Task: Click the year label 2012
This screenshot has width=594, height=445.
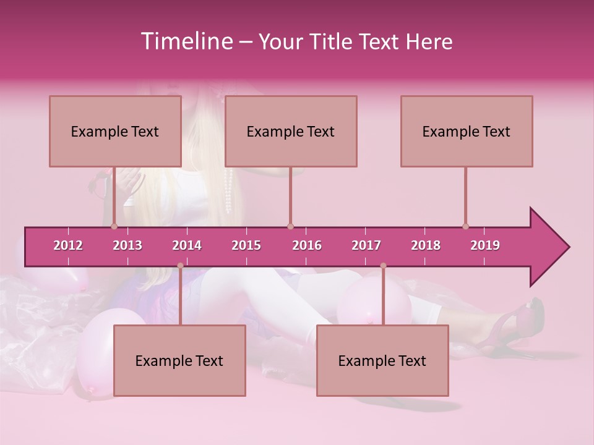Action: pyautogui.click(x=68, y=245)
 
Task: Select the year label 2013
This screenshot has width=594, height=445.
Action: pyautogui.click(x=127, y=245)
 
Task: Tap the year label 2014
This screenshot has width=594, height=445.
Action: pyautogui.click(x=187, y=245)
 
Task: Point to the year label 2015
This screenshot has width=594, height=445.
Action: pyautogui.click(x=246, y=245)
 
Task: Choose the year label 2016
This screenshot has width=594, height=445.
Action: pyautogui.click(x=307, y=245)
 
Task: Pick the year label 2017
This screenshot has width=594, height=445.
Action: pyautogui.click(x=366, y=245)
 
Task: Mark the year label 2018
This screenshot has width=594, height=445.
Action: pyautogui.click(x=426, y=245)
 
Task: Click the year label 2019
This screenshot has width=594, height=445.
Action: pyautogui.click(x=485, y=245)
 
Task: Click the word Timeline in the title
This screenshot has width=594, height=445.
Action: pyautogui.click(x=186, y=41)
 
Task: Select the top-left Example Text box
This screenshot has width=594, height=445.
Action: pyautogui.click(x=115, y=131)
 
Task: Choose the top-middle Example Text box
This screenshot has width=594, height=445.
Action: pyautogui.click(x=291, y=131)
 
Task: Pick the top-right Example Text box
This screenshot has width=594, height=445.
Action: pyautogui.click(x=467, y=131)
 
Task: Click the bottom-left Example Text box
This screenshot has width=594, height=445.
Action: pyautogui.click(x=179, y=360)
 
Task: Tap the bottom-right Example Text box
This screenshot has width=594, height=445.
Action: pyautogui.click(x=382, y=360)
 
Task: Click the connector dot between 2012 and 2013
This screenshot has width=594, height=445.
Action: pyautogui.click(x=114, y=226)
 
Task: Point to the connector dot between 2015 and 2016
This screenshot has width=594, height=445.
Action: pyautogui.click(x=290, y=226)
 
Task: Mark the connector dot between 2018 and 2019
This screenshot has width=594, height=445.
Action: pyautogui.click(x=465, y=226)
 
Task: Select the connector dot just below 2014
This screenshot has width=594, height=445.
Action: pyautogui.click(x=180, y=266)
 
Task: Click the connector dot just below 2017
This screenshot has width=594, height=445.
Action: pyautogui.click(x=383, y=266)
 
